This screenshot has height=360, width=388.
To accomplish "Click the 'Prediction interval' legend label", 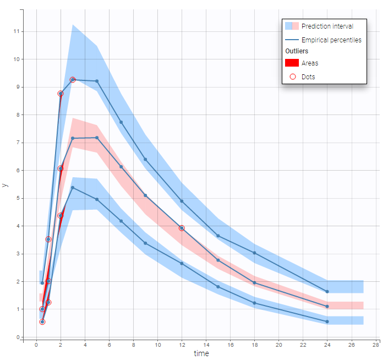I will coord(327,26).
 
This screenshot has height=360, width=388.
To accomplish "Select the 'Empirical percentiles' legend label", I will coord(331,40).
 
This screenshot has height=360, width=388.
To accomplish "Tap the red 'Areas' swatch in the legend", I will coord(291,63).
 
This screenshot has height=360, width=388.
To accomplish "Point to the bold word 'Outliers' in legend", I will coord(296,51).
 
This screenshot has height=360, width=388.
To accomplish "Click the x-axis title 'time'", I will coord(201,353).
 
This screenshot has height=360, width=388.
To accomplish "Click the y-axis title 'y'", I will coord(6,185).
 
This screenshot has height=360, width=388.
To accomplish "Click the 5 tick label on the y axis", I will coord(18,198).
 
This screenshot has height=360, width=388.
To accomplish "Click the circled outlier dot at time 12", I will coord(182,228).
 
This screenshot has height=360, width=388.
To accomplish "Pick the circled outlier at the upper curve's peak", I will coord(73,80).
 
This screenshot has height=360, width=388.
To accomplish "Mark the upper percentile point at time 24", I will coord(327,292).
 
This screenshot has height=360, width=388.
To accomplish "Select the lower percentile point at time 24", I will coord(327,321).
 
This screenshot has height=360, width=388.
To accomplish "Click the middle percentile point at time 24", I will coord(327,307).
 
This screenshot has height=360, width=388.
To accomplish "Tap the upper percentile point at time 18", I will coord(254,253).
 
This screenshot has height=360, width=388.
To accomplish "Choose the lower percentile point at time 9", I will coord(145,243).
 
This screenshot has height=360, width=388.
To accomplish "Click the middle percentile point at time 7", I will coord(121,166).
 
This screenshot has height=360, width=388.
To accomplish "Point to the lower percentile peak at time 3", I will coord(73,188).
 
